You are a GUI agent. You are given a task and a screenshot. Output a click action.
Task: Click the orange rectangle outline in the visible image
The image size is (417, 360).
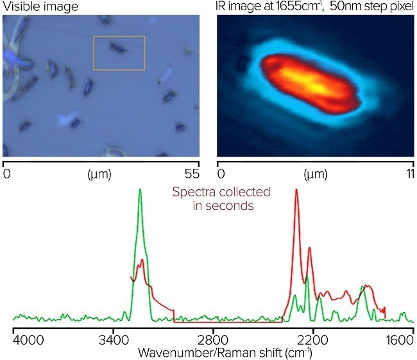[119, 37]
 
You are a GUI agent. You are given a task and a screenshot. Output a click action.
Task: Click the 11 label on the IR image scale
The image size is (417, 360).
[408, 173]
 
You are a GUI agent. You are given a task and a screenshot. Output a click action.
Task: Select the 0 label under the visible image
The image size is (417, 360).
[6, 173]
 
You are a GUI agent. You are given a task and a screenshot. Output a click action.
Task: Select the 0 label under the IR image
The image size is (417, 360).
[221, 173]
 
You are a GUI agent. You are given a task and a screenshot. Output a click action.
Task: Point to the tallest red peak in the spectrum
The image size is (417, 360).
[296, 191]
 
